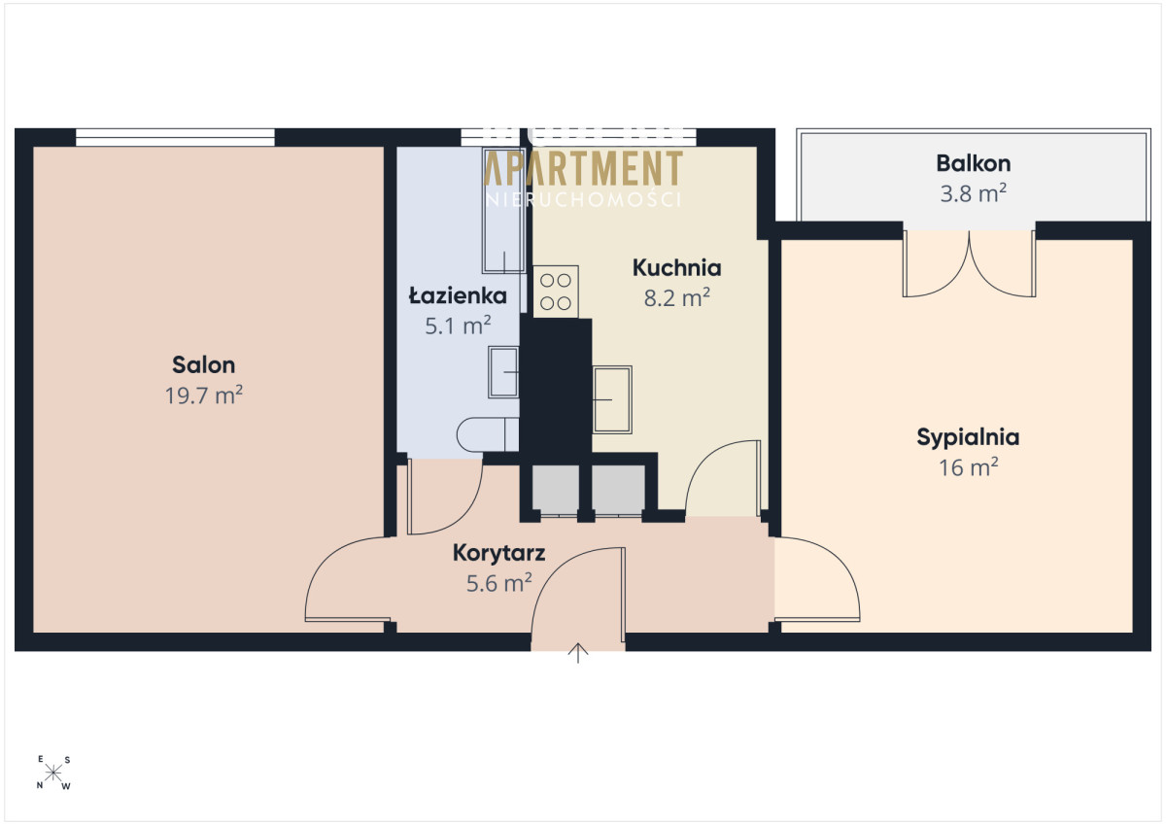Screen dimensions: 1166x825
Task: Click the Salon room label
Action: pyautogui.click(x=203, y=364)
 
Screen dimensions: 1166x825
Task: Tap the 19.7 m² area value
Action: pyautogui.click(x=203, y=395)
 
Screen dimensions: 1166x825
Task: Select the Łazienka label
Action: pyautogui.click(x=458, y=295)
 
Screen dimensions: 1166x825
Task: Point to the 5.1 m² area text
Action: pyautogui.click(x=458, y=326)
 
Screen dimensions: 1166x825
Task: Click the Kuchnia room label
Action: pyautogui.click(x=676, y=267)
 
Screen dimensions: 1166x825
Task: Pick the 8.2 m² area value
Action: pyautogui.click(x=676, y=297)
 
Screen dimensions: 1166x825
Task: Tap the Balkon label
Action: pyautogui.click(x=974, y=163)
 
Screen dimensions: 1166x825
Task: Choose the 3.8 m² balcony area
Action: pyautogui.click(x=974, y=193)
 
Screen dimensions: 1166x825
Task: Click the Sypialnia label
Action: pyautogui.click(x=968, y=437)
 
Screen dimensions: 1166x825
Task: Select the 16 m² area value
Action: pyautogui.click(x=968, y=467)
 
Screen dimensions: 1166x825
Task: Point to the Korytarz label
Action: pyautogui.click(x=498, y=553)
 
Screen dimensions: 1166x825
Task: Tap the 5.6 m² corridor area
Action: pyautogui.click(x=498, y=583)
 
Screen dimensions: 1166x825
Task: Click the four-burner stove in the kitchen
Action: pyautogui.click(x=556, y=292)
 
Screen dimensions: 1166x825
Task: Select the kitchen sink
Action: pyautogui.click(x=612, y=399)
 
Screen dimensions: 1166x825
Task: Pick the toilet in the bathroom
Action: pyautogui.click(x=488, y=434)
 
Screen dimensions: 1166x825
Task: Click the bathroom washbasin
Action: pyautogui.click(x=503, y=372)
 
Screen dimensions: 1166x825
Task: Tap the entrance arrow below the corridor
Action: pyautogui.click(x=578, y=653)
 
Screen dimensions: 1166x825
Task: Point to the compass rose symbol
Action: pyautogui.click(x=53, y=773)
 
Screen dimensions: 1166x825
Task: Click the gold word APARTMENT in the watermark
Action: pyautogui.click(x=583, y=167)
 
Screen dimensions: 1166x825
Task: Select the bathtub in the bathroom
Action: pyautogui.click(x=503, y=210)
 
